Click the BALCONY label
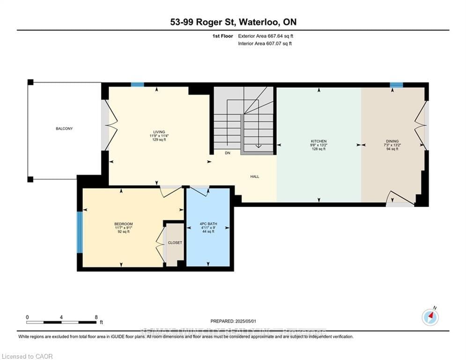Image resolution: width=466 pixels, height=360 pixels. click(64, 128)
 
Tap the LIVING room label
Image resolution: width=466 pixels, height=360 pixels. click(156, 132)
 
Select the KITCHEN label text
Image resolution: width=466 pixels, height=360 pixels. click(319, 141)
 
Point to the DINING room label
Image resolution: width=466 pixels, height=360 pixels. click(392, 141)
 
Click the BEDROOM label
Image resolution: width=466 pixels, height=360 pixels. click(124, 224)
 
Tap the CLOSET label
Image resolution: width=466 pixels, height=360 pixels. click(175, 242)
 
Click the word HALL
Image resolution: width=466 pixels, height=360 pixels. click(254, 177)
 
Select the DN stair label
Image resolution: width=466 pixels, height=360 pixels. click(228, 153)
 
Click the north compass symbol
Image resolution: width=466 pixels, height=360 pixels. click(430, 317)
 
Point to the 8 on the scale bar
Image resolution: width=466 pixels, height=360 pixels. click(96, 317)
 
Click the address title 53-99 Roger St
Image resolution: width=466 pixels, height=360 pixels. click(233, 22)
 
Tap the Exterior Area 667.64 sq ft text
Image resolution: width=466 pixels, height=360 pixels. click(266, 36)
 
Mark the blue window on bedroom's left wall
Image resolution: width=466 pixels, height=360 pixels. click(80, 232)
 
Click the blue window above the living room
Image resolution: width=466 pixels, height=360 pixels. click(137, 84)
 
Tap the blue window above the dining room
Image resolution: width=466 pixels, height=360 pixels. click(396, 85)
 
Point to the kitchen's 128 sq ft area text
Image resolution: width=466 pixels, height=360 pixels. click(319, 149)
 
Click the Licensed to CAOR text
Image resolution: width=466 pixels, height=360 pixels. click(27, 356)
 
